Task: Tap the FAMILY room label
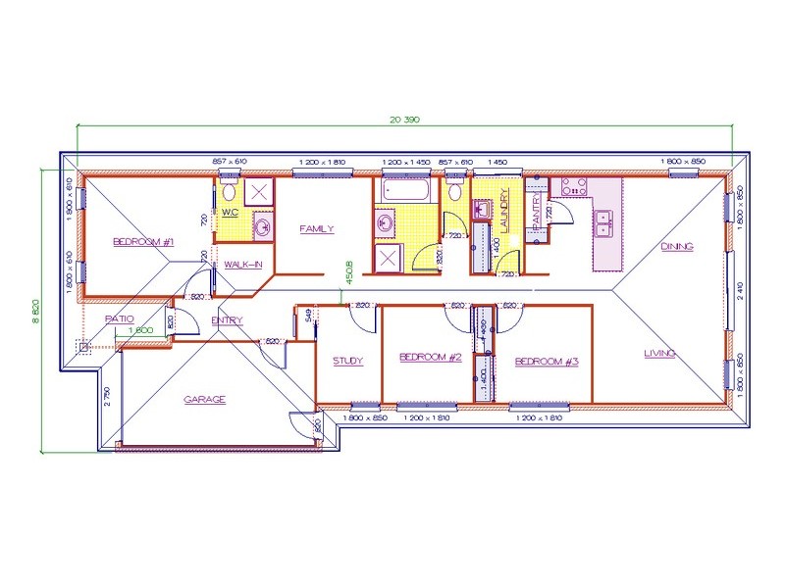click(317, 229)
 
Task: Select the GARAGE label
click(205, 399)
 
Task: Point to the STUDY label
click(347, 361)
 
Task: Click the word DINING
click(677, 247)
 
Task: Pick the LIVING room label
click(659, 353)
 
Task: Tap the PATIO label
click(119, 318)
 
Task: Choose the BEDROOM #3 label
click(547, 362)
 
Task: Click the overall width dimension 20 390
click(404, 120)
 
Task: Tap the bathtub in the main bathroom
click(404, 191)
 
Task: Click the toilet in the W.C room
click(228, 189)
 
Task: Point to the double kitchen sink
click(603, 222)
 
